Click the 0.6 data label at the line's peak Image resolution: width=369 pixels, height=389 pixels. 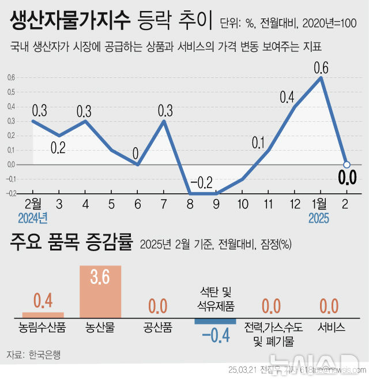click(x=321, y=68)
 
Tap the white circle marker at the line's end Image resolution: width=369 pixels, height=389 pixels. click(x=347, y=164)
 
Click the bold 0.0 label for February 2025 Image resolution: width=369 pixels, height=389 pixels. click(x=347, y=178)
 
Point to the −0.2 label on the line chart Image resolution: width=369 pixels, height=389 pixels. click(x=202, y=183)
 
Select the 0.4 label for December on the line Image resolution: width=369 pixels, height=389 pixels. click(x=287, y=97)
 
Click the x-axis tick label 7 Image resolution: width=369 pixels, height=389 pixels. click(x=164, y=204)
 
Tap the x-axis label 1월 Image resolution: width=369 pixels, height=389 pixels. click(x=319, y=204)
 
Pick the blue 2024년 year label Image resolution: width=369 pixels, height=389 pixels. click(x=32, y=219)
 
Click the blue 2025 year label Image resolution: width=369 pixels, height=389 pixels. click(x=319, y=219)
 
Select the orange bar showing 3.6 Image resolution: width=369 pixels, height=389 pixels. click(x=100, y=291)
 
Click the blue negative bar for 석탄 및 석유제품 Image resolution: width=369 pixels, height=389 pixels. click(x=215, y=321)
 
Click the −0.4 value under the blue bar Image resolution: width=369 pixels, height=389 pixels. click(x=215, y=335)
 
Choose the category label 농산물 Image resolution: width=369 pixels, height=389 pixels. click(x=100, y=327)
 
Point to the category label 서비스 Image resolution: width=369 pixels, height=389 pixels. click(x=332, y=327)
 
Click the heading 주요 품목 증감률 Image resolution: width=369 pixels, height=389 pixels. click(x=71, y=242)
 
